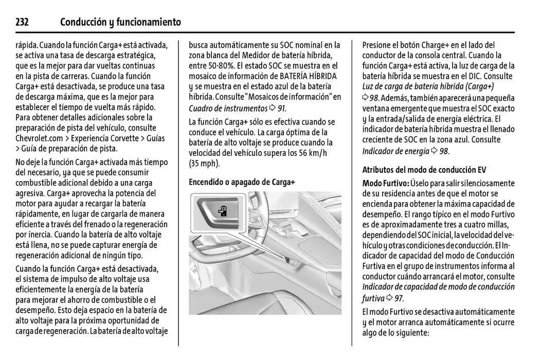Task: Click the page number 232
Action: coord(22,22)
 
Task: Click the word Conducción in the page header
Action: coord(83,22)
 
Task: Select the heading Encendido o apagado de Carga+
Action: coord(242,182)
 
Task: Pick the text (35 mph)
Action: coord(204,164)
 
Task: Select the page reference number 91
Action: coord(280,108)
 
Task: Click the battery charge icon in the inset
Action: coord(222,211)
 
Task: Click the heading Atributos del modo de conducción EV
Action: coord(424,170)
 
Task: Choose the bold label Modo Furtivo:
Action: coord(386,183)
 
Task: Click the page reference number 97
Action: coord(399,298)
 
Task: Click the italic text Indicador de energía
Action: coord(395,151)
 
